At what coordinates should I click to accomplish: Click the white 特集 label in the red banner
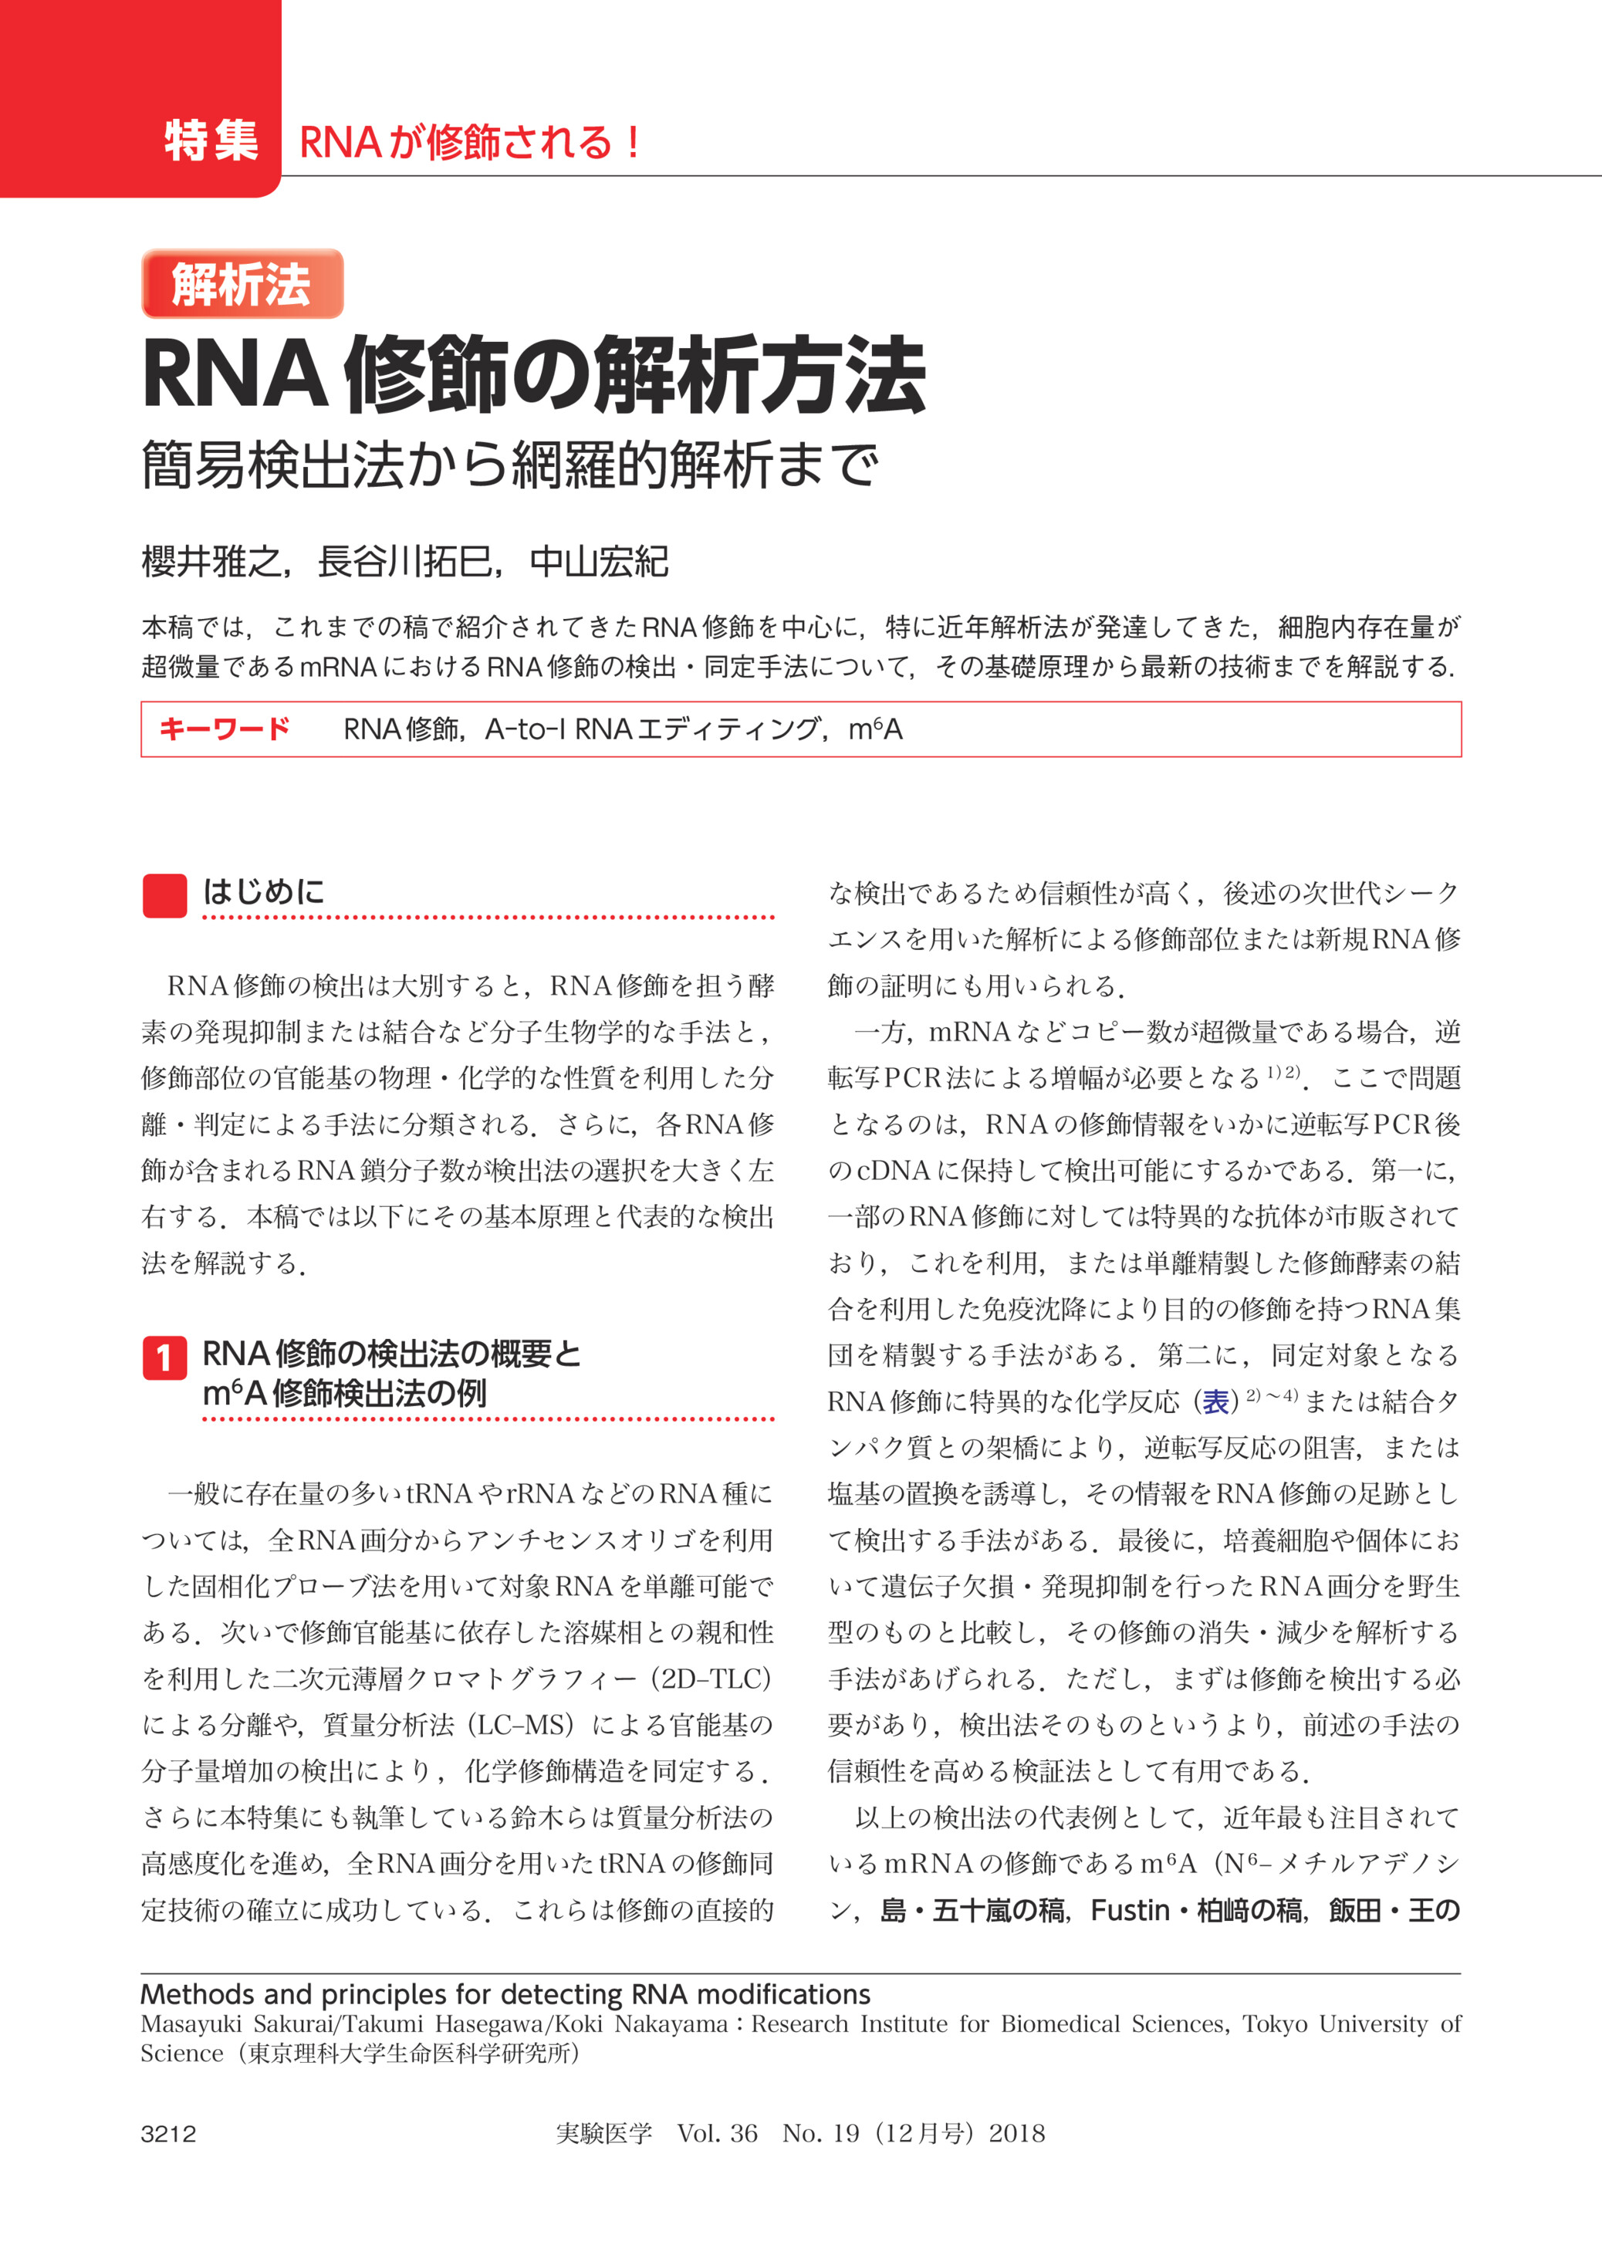(x=211, y=141)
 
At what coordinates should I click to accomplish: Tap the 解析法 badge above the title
(x=242, y=284)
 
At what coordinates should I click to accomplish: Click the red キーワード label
(x=224, y=729)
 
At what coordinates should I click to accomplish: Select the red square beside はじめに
(x=164, y=894)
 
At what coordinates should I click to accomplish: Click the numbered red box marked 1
(x=164, y=1358)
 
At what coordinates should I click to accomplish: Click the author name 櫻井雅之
(x=211, y=563)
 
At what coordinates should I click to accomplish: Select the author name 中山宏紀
(x=599, y=563)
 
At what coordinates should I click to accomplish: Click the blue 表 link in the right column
(x=1216, y=1401)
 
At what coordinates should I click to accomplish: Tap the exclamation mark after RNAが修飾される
(x=632, y=143)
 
